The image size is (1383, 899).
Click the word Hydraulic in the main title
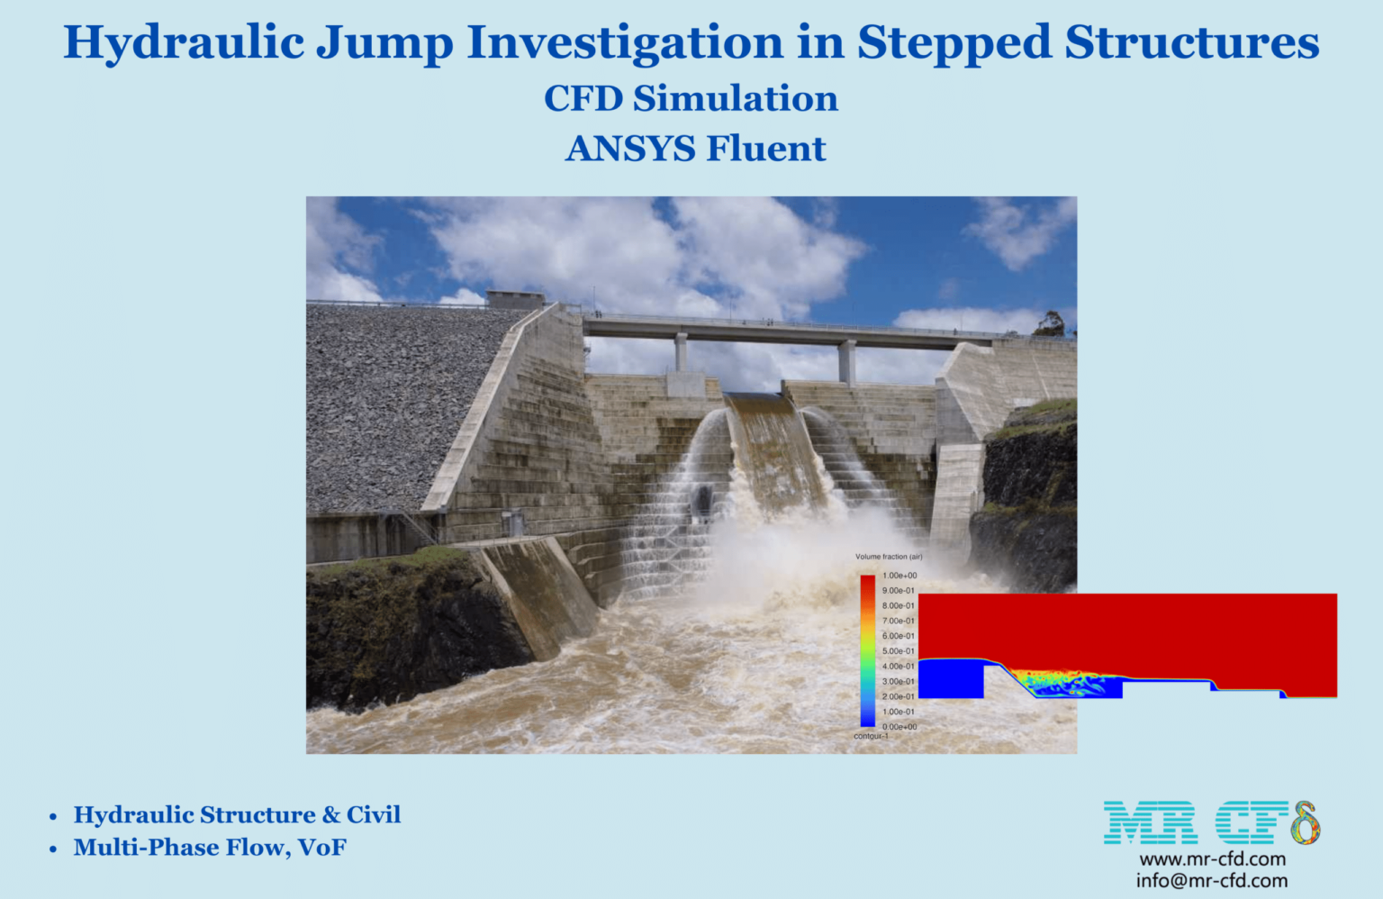[x=184, y=43]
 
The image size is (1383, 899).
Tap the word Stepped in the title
[x=953, y=43]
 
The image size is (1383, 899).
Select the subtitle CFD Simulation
[x=691, y=98]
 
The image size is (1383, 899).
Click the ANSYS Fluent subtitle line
[x=695, y=149]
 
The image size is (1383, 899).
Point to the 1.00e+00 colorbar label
[x=899, y=576]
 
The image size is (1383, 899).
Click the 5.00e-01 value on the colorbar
[x=898, y=651]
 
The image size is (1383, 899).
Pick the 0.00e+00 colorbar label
[x=899, y=727]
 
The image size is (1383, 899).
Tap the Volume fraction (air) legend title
[x=889, y=557]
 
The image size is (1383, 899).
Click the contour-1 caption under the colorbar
[x=871, y=736]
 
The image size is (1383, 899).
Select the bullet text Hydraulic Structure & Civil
[x=237, y=815]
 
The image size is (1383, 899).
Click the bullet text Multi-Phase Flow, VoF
[x=210, y=848]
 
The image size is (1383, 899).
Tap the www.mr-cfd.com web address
[x=1212, y=859]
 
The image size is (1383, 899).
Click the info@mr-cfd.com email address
[x=1211, y=881]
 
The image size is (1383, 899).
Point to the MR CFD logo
[x=1211, y=822]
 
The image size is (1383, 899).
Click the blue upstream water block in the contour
[x=951, y=678]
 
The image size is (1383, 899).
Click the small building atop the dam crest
[x=515, y=299]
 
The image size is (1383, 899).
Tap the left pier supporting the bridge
[x=681, y=352]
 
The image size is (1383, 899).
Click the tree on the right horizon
[x=1050, y=323]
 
